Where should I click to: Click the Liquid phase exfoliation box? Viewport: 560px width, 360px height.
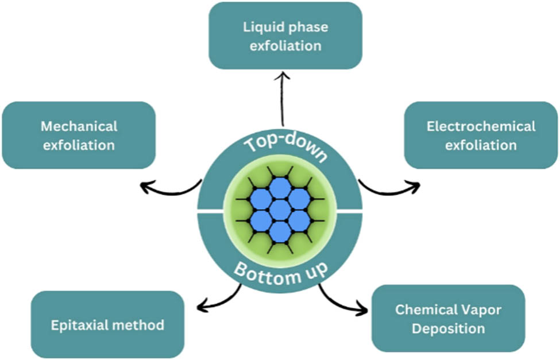click(x=285, y=36)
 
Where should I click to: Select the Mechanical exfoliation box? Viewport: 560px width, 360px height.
click(x=79, y=135)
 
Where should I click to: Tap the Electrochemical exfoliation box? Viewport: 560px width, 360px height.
click(x=481, y=135)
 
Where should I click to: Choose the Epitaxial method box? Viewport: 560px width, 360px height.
click(x=107, y=325)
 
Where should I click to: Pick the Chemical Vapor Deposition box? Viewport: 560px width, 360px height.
click(x=448, y=319)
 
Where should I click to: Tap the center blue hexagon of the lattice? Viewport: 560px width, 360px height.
click(x=280, y=208)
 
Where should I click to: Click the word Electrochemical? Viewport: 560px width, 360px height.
click(x=481, y=126)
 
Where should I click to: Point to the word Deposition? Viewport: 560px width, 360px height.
click(x=449, y=328)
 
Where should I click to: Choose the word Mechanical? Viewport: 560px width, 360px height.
click(x=79, y=126)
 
